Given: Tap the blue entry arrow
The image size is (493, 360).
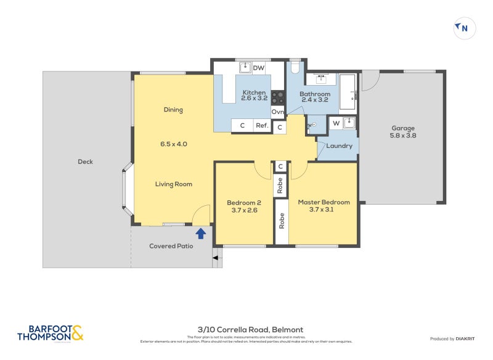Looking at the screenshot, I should (200, 232).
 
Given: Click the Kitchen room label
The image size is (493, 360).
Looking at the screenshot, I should (253, 92).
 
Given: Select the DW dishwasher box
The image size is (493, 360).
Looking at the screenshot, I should (259, 67).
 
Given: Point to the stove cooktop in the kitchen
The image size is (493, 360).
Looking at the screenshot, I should (277, 98).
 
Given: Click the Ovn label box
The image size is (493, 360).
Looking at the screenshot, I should (278, 112).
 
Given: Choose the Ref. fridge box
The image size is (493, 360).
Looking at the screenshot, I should (262, 126).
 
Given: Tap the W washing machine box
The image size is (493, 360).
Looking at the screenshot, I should (336, 123).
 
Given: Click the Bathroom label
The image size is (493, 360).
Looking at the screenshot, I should (315, 94).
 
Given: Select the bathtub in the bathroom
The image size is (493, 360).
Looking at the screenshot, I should (347, 92).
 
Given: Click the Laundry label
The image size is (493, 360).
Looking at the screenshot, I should (339, 146).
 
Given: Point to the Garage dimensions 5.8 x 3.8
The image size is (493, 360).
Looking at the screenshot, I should (404, 136).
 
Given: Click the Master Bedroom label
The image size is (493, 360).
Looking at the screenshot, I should (324, 202).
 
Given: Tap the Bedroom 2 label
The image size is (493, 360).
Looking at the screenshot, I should (244, 202).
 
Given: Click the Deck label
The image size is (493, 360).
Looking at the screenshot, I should (85, 162).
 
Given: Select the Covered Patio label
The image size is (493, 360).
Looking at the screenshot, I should (171, 246).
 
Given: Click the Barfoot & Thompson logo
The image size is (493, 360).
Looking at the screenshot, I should (50, 333).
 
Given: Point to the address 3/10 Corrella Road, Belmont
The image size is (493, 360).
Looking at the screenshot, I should (250, 329).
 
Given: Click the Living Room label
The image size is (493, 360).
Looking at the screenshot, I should (173, 184).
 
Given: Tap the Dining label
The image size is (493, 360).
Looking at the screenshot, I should (173, 110).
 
